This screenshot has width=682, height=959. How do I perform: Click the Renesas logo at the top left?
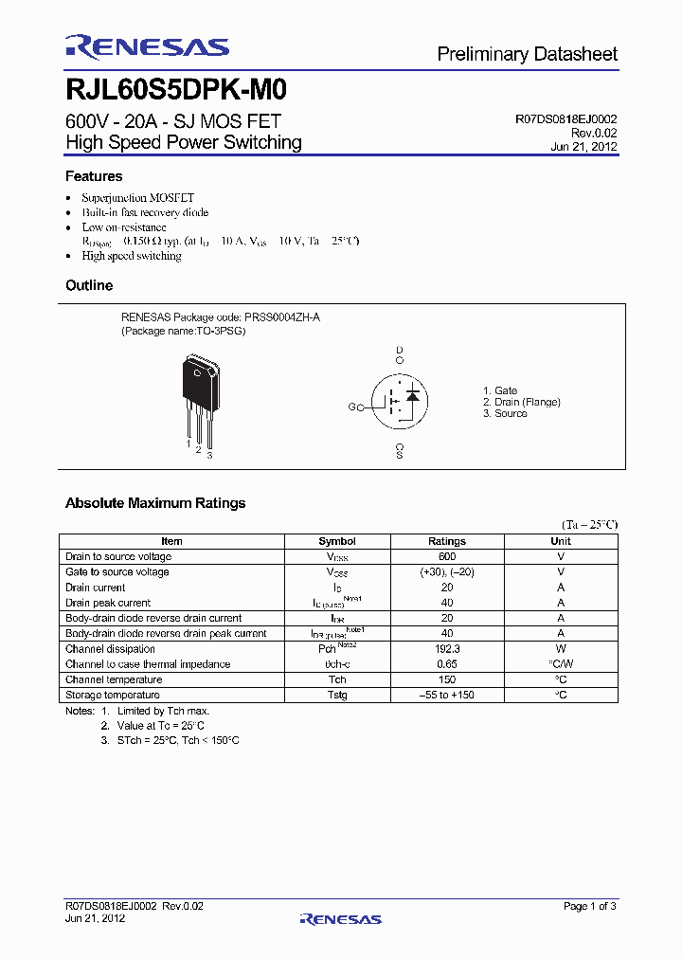147,47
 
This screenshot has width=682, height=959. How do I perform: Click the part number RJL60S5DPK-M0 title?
176,90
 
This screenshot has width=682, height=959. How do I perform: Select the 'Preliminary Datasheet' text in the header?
527,54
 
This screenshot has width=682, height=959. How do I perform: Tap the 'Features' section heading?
94,176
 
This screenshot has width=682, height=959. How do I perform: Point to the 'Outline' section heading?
89,285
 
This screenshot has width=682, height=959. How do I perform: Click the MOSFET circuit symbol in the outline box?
399,402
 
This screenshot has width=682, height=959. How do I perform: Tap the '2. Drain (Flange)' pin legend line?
521,402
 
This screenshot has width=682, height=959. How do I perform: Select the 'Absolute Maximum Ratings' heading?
155,503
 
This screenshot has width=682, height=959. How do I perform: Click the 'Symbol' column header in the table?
337,541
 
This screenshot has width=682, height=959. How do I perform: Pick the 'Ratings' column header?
447,541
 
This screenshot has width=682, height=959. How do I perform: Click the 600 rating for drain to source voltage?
447,556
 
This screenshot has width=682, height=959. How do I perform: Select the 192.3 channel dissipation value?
447,649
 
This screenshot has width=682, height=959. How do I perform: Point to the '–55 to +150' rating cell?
447,695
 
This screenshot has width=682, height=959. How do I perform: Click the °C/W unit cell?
561,664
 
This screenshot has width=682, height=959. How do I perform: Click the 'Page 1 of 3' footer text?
589,907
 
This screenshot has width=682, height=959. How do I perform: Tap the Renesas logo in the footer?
340,918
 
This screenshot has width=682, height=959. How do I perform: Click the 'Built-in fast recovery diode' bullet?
145,212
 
